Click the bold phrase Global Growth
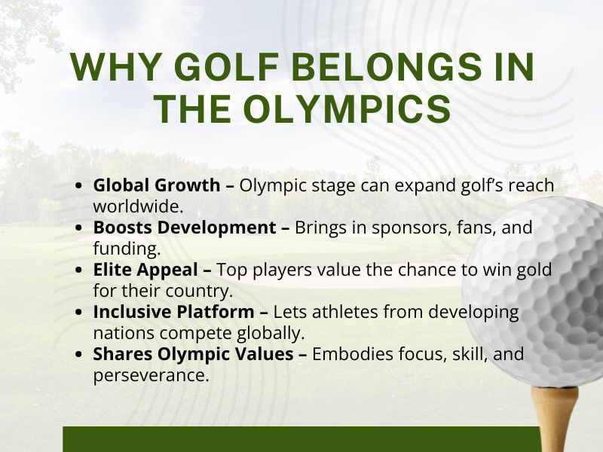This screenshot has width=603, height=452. [x=156, y=185]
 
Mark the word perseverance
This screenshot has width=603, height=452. [x=151, y=374]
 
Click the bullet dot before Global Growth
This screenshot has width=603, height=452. [x=81, y=185]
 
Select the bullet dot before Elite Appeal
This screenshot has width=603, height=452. [x=81, y=270]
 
